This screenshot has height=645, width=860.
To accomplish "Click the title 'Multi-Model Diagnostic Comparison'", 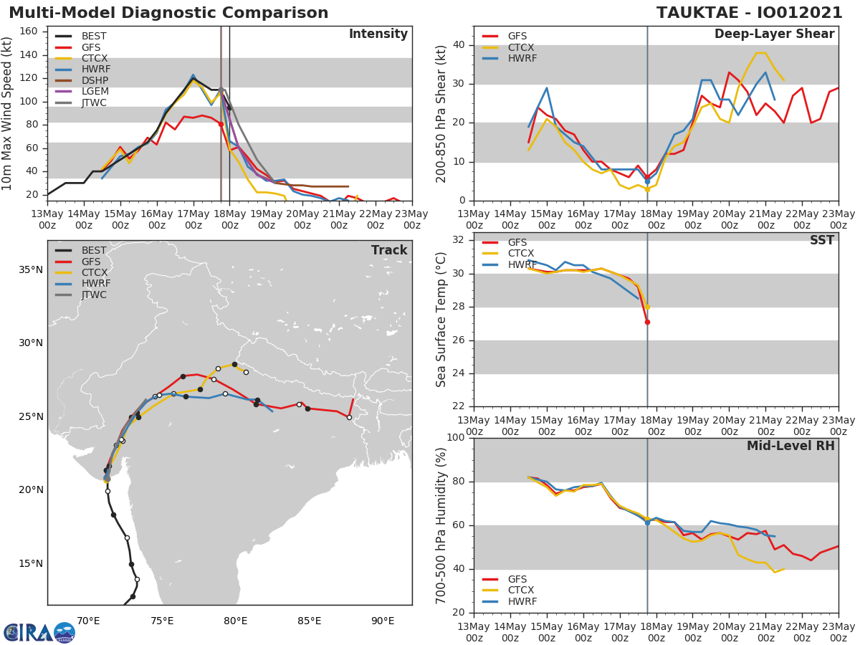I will (x=168, y=13).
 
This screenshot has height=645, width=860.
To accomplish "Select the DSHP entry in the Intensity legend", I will (x=93, y=80).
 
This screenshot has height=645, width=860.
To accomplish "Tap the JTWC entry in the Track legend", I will (x=93, y=295).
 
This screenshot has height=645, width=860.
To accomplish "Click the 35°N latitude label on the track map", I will (x=30, y=269).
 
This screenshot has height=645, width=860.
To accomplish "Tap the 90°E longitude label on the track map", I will (x=383, y=621).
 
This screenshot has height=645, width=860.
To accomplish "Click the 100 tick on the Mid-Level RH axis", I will (x=454, y=438).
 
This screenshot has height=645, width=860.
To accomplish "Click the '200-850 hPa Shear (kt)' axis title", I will (x=442, y=113).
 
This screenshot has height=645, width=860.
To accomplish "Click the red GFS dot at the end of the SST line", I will (x=647, y=322).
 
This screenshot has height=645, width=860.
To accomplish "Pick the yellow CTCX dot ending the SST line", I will (x=647, y=307).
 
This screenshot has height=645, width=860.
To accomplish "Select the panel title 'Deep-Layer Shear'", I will (x=774, y=34).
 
